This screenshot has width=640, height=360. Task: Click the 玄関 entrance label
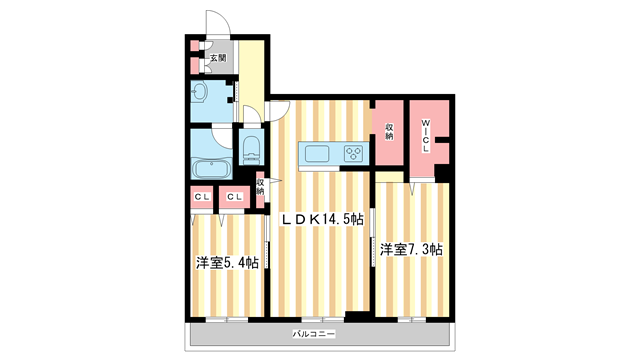[217, 59]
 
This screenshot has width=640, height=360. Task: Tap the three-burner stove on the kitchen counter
[354, 153]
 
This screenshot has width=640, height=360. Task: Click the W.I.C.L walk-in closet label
[425, 135]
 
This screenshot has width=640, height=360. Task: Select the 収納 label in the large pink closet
[389, 131]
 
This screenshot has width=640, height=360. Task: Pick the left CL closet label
[202, 197]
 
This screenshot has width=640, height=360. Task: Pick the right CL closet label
[234, 197]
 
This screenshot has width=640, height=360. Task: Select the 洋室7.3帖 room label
[411, 249]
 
